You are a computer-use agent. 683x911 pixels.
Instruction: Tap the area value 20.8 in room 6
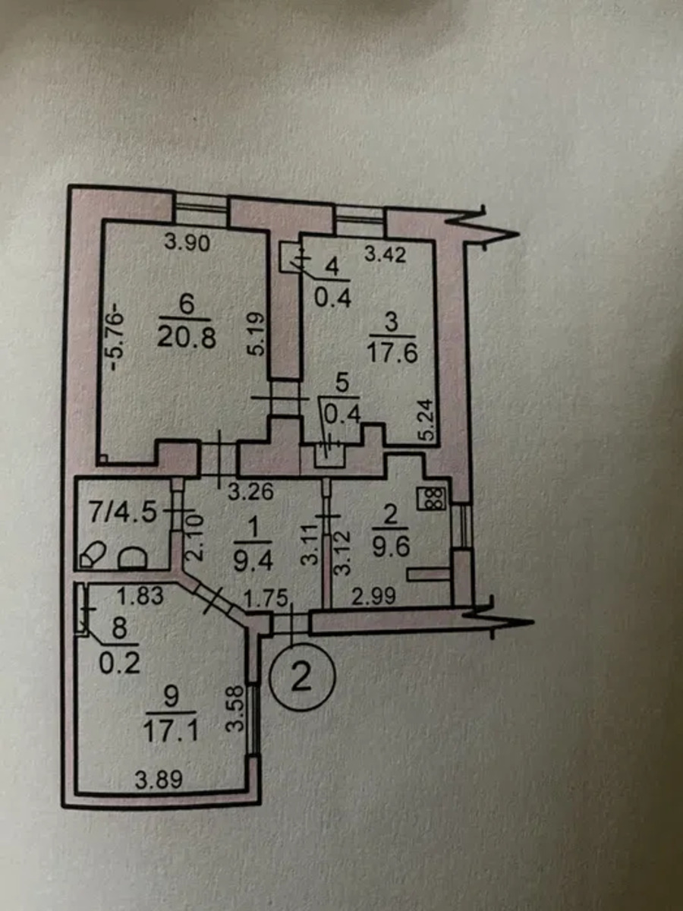click(x=186, y=335)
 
